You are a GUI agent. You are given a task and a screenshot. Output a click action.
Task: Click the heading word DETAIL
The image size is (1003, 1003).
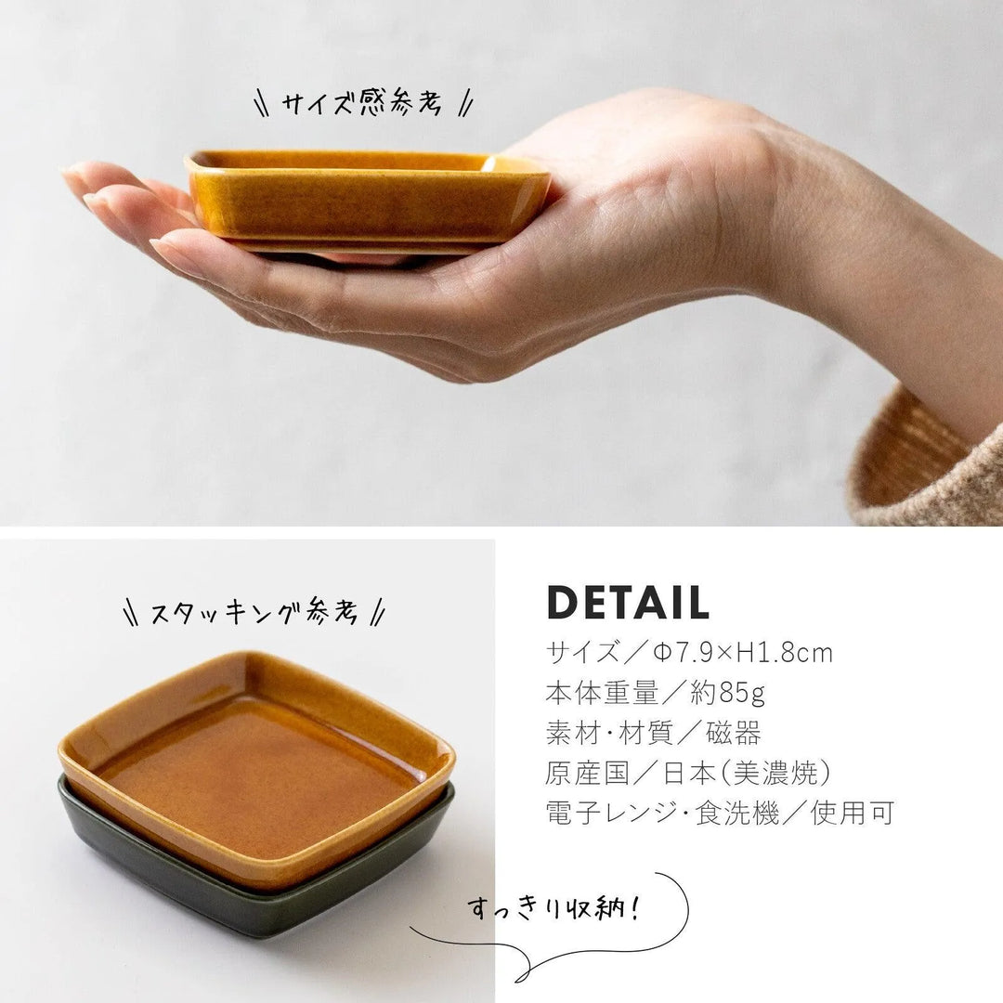[x=628, y=602]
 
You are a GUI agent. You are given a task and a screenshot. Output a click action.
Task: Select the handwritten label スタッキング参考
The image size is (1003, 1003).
[x=254, y=611]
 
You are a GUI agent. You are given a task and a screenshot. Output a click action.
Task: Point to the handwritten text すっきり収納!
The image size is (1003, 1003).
[x=554, y=907]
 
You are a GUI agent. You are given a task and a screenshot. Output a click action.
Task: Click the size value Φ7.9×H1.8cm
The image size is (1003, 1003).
[x=743, y=653]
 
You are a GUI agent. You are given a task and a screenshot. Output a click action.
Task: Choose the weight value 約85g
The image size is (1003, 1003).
[x=728, y=693]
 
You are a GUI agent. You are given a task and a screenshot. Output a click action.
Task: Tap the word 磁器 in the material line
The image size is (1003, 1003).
[x=733, y=733]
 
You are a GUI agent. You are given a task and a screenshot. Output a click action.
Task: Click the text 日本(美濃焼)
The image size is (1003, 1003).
[x=747, y=774]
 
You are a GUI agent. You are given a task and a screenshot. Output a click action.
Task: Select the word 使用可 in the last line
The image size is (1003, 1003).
[x=852, y=813]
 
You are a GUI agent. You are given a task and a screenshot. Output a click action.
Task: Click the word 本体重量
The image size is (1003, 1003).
[x=602, y=693]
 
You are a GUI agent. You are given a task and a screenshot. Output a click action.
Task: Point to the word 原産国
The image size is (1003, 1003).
[x=588, y=774]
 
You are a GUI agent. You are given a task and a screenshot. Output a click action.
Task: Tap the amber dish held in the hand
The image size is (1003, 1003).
[x=367, y=202]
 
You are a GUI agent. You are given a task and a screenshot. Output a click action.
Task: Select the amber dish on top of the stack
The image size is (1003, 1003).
[x=256, y=768]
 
